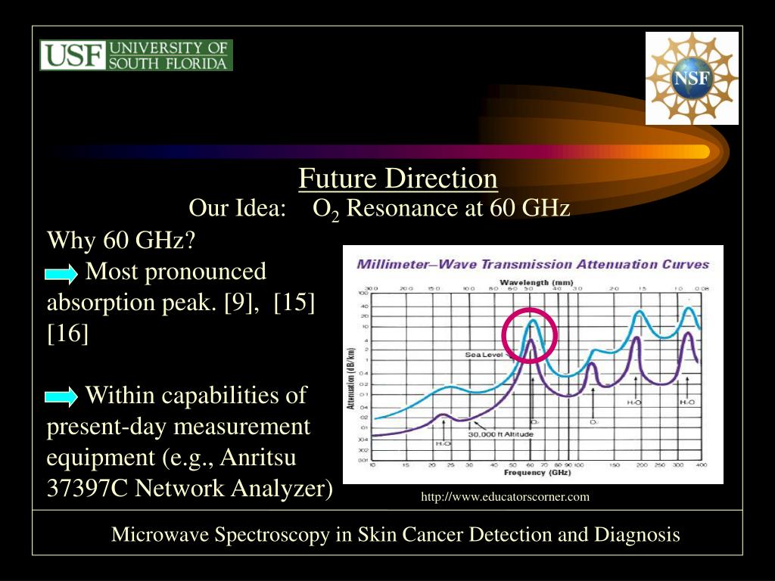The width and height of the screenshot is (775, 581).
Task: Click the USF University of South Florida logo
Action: (136, 55)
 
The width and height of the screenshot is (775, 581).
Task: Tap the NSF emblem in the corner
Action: (692, 78)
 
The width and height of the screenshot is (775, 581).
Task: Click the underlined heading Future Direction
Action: (397, 179)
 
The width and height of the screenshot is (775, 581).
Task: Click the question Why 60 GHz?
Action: (121, 241)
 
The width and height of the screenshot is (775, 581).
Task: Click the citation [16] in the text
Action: (68, 333)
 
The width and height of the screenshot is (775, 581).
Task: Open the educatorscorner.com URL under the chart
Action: (505, 497)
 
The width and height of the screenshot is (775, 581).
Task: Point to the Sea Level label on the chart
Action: (484, 354)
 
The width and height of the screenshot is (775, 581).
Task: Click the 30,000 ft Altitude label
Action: (500, 434)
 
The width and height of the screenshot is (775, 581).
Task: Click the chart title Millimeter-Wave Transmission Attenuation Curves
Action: (533, 264)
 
